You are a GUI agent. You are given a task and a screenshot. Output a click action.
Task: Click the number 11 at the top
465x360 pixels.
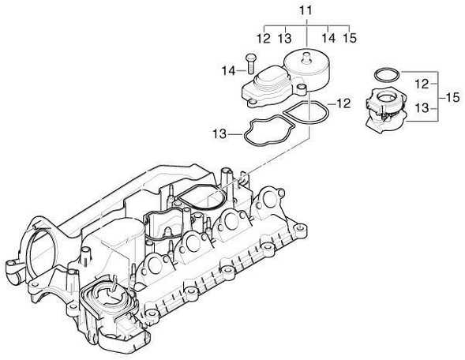306,11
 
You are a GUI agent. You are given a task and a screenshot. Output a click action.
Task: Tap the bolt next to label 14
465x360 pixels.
250,63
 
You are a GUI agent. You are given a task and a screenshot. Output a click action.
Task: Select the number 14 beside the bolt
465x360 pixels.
229,71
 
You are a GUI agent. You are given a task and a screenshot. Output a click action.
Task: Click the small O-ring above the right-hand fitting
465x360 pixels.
387,74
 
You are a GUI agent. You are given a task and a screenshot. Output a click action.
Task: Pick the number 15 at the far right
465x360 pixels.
452,97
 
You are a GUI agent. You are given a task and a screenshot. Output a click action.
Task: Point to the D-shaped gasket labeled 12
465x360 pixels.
306,114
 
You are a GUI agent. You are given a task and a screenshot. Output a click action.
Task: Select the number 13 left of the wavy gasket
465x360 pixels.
219,134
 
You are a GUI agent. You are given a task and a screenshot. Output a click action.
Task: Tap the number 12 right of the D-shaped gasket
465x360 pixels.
343,103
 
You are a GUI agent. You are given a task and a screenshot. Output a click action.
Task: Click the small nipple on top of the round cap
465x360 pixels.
306,57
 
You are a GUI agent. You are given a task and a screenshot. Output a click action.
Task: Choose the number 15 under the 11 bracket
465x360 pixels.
350,38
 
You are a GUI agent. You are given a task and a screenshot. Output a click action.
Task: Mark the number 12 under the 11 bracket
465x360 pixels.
264,38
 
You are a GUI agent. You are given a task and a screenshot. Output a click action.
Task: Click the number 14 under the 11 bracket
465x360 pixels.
328,38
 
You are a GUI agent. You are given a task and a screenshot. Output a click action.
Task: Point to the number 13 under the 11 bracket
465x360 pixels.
285,38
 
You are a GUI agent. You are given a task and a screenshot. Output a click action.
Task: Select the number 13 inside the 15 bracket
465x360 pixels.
422,108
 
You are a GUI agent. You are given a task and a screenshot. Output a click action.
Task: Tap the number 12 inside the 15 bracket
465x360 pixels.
422,84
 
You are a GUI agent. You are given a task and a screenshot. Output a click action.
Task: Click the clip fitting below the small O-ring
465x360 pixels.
386,109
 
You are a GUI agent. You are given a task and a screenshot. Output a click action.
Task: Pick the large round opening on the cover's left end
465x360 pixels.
41,251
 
